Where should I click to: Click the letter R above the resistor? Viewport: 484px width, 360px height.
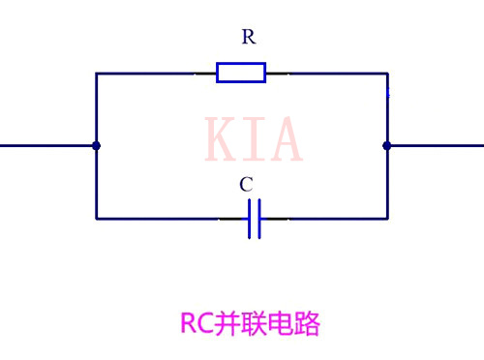tap(249, 38)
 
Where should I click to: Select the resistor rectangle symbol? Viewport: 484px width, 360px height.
tap(241, 73)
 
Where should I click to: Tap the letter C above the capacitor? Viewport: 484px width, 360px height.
tap(246, 184)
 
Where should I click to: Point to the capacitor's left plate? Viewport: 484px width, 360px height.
tap(249, 219)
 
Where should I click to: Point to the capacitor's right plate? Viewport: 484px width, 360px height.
tap(259, 219)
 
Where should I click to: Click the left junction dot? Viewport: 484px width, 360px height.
tap(96, 146)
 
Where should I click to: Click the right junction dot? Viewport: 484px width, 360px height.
tap(387, 146)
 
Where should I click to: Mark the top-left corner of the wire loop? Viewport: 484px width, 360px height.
tap(96, 73)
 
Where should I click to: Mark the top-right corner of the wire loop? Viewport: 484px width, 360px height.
tap(387, 73)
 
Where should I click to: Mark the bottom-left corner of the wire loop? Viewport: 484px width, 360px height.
tap(96, 219)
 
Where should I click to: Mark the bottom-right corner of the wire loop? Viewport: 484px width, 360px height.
tap(387, 219)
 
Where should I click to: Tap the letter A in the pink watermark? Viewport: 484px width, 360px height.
tap(285, 140)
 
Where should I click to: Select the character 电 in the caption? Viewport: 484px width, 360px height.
tap(282, 324)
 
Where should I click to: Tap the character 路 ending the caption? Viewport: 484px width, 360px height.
tap(308, 324)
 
